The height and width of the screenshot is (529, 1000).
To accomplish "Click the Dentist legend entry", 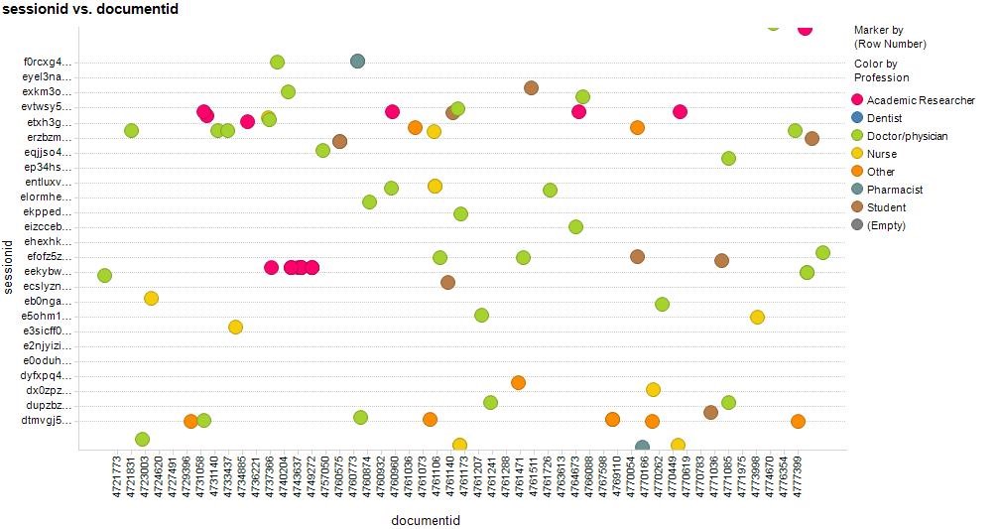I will click(884, 118).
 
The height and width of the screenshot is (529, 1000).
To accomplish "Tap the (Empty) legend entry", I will click(885, 225).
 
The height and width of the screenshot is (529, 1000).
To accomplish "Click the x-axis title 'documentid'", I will click(425, 520).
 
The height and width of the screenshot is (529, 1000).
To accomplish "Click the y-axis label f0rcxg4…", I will click(48, 63).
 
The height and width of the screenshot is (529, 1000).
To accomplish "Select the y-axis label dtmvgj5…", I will click(48, 420).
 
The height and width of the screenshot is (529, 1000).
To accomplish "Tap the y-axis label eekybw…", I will click(48, 271).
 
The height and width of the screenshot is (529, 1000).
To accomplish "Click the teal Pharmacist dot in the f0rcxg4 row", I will click(357, 62).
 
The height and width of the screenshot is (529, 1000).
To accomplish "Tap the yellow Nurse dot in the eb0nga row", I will click(151, 298).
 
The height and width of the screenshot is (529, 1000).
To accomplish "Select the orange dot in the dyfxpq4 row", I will click(518, 382).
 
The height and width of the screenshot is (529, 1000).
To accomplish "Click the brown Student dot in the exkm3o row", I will click(531, 88).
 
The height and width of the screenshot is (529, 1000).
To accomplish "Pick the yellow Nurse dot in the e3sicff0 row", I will click(235, 327).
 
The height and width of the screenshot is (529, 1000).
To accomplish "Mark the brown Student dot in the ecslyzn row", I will click(447, 282).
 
